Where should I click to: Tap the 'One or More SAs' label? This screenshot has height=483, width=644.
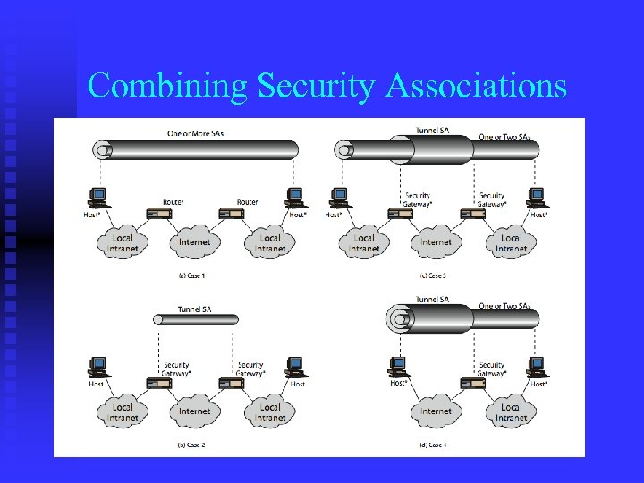196,132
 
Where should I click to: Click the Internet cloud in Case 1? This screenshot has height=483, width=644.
194,241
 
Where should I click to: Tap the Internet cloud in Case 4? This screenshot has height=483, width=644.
436,411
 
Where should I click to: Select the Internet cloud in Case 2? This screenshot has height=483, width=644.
194,411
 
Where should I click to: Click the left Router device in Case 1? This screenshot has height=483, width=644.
159,215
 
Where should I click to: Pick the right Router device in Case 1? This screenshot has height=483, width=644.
232,215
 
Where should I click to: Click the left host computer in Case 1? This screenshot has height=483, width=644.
98,196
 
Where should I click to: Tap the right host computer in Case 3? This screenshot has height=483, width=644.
536,196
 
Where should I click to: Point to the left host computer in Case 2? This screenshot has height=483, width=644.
98,367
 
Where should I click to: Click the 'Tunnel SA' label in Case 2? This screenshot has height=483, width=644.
194,309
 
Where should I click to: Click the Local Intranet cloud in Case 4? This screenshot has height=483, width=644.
511,411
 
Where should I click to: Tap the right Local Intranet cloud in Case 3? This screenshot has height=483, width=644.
511,241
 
